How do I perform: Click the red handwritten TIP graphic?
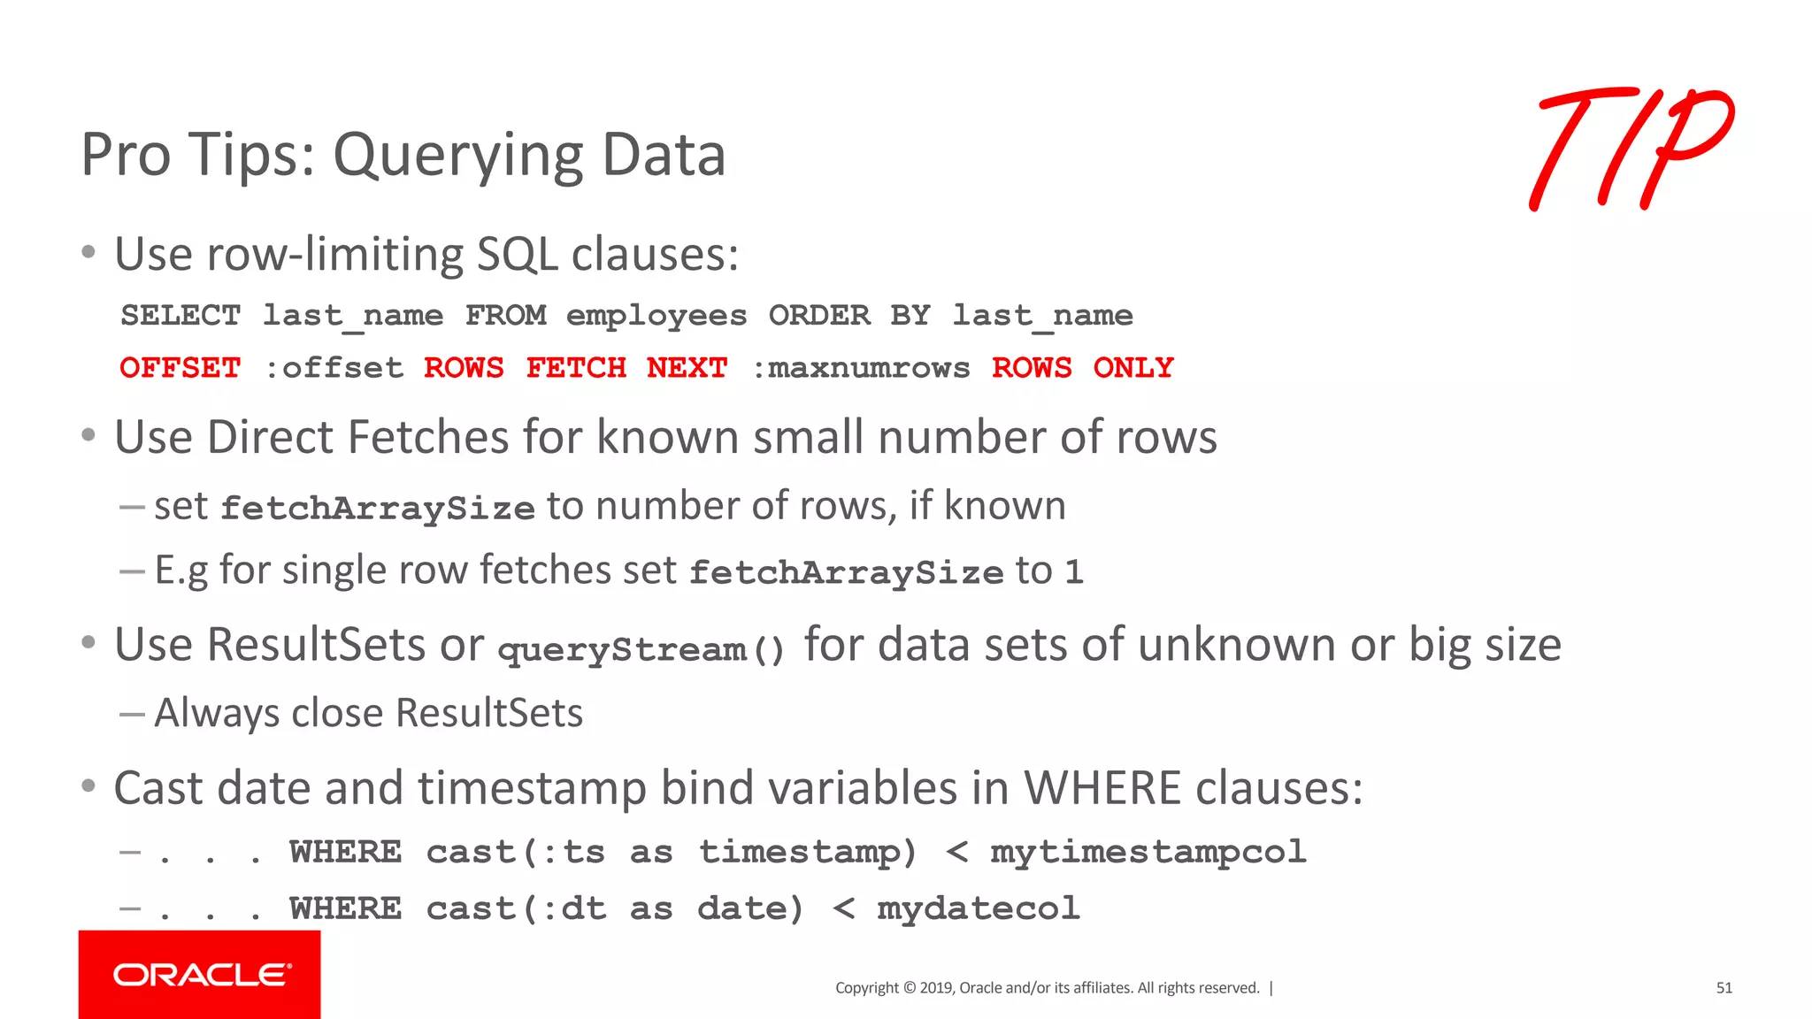(1632, 149)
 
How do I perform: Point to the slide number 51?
(1724, 988)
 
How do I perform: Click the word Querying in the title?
(457, 156)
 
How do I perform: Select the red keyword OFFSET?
(180, 368)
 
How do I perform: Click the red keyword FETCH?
(576, 368)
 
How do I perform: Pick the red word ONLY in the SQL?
(1133, 368)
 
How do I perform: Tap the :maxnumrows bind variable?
(860, 368)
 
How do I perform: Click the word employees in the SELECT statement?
(656, 316)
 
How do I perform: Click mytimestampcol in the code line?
(1148, 852)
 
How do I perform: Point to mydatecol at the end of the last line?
(979, 908)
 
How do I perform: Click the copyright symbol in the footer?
(908, 988)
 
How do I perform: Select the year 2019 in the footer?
(935, 988)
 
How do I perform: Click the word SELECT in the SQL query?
(180, 316)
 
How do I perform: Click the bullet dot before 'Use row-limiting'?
(88, 253)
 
